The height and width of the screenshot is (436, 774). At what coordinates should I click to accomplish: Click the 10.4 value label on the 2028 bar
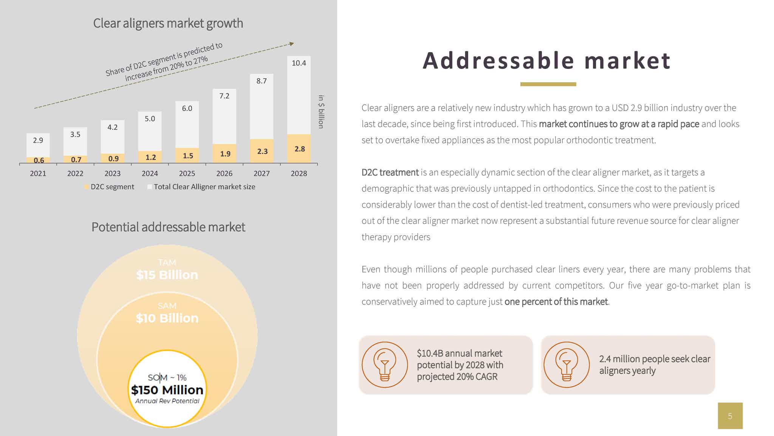tap(299, 63)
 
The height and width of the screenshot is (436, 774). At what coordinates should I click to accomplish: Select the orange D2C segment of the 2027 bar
tap(262, 151)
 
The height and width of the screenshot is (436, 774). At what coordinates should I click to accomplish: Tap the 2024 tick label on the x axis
tap(150, 174)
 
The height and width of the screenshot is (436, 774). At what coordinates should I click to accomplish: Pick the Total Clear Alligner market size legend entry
tap(201, 187)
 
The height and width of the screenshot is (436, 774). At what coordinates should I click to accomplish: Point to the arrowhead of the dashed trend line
tap(291, 44)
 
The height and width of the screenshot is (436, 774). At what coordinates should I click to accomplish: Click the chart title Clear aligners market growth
tap(168, 23)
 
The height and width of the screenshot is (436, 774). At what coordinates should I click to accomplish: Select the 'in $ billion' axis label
tap(321, 112)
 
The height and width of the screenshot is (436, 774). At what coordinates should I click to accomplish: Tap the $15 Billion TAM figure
tap(167, 275)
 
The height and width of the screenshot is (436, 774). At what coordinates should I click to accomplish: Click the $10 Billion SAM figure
tap(167, 318)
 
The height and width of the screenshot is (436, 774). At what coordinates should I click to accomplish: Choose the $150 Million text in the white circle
tap(167, 390)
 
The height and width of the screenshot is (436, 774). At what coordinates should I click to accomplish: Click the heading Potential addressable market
tap(168, 227)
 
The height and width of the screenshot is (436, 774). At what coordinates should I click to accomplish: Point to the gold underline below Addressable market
tap(548, 84)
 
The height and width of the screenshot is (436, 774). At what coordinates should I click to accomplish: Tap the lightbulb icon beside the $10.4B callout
tap(385, 365)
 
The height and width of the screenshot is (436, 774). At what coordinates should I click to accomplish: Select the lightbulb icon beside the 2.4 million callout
tap(567, 365)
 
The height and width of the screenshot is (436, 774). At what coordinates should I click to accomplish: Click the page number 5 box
tap(730, 416)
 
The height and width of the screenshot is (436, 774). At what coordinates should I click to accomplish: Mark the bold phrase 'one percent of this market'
tap(556, 302)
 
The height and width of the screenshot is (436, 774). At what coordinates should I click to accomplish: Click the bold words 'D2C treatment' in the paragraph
tap(390, 173)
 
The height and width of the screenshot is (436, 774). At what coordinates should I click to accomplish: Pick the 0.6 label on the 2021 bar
tap(39, 160)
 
